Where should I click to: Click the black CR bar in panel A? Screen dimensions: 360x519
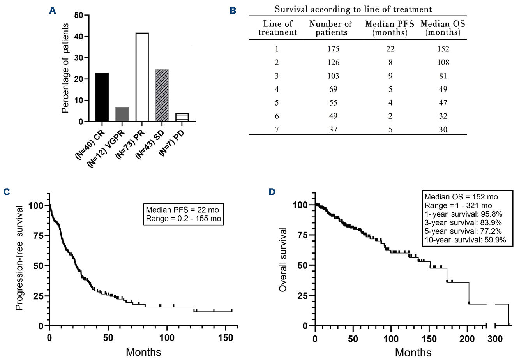[x=102, y=97]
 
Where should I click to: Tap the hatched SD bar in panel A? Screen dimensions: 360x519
[x=162, y=95]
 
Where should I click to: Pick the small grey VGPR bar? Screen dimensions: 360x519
[x=122, y=114]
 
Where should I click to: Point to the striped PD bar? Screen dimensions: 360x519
[x=182, y=117]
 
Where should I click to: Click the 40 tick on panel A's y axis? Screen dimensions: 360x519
[x=79, y=37]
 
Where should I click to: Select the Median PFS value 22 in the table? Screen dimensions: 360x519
[x=390, y=49]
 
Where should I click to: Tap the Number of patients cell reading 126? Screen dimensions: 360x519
[x=331, y=62]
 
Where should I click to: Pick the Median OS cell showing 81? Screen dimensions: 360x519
[x=443, y=76]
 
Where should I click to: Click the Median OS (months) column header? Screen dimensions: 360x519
[x=443, y=28]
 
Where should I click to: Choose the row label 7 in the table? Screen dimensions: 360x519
[x=277, y=129]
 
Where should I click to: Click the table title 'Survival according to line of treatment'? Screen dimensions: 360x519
[x=353, y=9]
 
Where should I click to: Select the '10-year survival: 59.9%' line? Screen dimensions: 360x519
[x=465, y=240]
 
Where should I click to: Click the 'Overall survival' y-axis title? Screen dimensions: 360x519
[x=283, y=259]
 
